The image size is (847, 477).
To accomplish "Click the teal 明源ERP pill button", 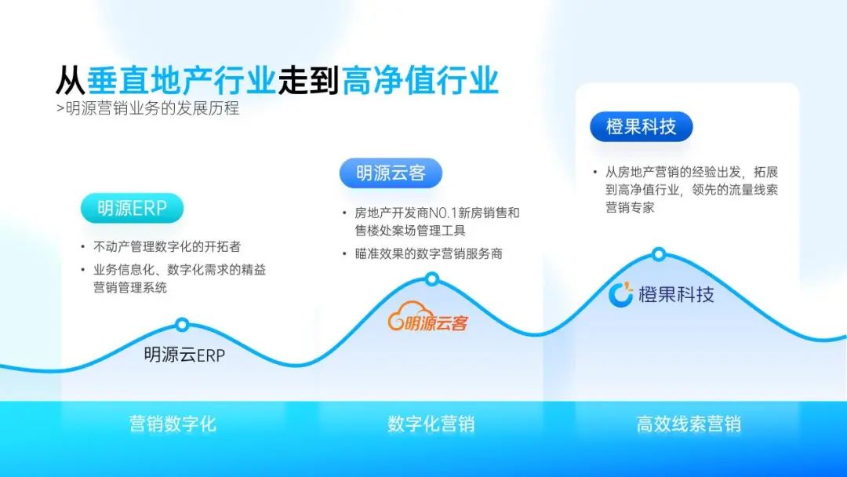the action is [x=132, y=208].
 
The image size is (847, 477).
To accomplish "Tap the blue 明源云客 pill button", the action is [x=391, y=173].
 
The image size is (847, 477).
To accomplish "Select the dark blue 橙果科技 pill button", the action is [x=642, y=127].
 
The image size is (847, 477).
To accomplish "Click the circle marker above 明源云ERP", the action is [x=182, y=325].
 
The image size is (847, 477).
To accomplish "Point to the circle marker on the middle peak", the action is [x=431, y=279].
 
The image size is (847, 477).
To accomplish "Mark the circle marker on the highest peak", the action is [x=659, y=254].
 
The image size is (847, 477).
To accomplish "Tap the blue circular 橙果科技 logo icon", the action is [x=620, y=294].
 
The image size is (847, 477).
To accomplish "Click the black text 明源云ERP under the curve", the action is [x=184, y=355].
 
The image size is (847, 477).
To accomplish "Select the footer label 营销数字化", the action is [x=173, y=424].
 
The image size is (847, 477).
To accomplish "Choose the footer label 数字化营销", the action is [x=431, y=424].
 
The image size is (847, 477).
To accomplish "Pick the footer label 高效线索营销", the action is [x=689, y=424].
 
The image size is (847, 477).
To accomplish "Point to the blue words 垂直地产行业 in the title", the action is [x=181, y=80].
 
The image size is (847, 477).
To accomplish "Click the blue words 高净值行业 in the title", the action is [x=420, y=80].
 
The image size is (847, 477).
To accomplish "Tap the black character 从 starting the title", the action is [x=71, y=80].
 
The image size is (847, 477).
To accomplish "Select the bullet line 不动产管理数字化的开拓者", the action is [x=167, y=247].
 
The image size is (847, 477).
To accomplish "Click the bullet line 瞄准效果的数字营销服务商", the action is [x=428, y=253].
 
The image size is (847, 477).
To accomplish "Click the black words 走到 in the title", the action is [x=308, y=80].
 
